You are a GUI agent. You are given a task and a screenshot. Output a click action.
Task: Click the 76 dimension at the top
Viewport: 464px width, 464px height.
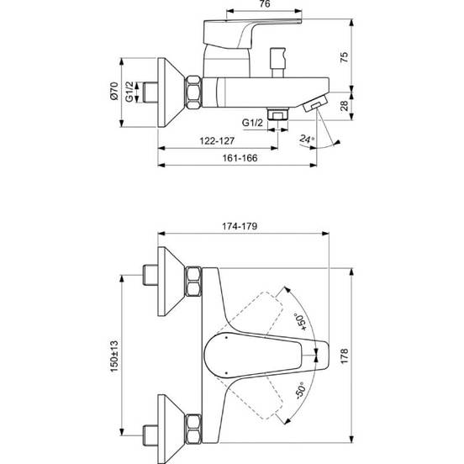click(264, 4)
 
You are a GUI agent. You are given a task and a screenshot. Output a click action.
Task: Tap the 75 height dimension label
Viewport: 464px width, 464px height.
click(345, 57)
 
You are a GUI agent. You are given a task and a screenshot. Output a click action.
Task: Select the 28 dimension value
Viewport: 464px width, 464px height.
click(345, 106)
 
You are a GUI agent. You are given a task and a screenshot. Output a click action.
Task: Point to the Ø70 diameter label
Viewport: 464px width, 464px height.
click(114, 91)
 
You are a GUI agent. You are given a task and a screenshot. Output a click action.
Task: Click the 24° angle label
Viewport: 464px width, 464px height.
click(306, 139)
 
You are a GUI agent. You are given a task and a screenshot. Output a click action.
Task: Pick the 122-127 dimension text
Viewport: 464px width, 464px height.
click(217, 141)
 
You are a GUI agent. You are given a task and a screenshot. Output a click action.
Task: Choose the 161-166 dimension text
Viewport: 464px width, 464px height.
click(240, 158)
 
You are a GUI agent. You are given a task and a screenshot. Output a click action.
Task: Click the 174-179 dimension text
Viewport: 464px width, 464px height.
click(240, 226)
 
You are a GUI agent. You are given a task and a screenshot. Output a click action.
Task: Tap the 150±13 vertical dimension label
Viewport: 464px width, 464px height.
click(114, 356)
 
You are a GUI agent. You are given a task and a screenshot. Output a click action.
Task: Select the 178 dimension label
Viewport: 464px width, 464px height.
click(345, 356)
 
